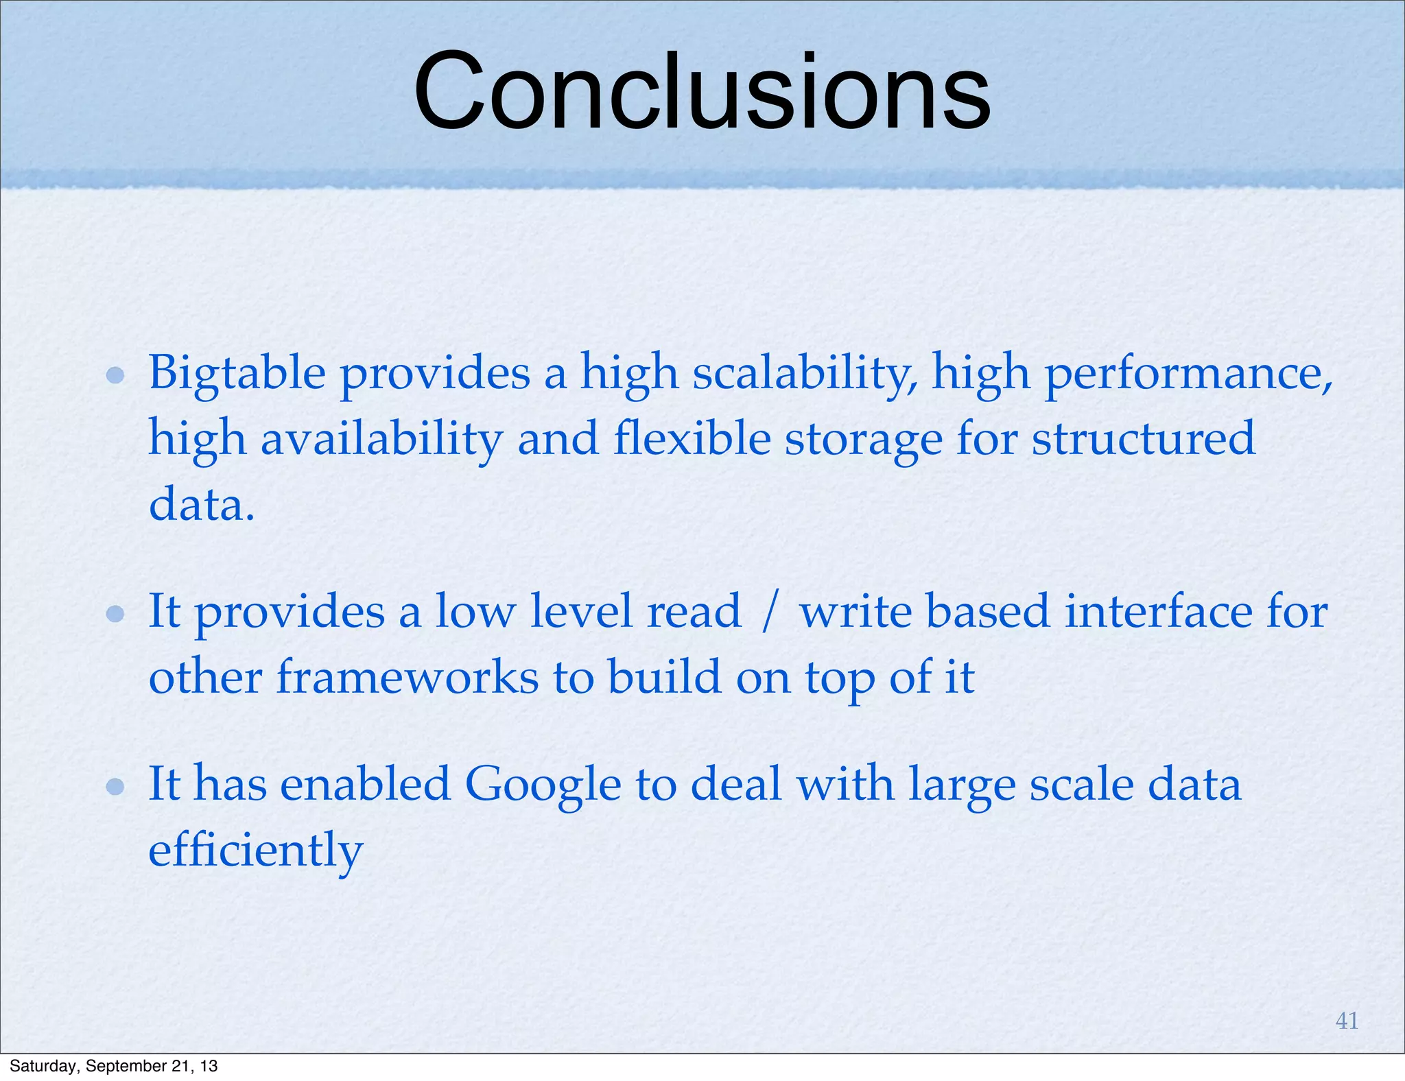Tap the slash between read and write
click(x=770, y=611)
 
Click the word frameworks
click(x=408, y=677)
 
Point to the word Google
click(x=543, y=783)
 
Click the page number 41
click(x=1347, y=1021)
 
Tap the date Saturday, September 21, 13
click(x=113, y=1066)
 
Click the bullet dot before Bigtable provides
click(x=115, y=375)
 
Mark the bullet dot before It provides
click(x=115, y=613)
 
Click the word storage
click(x=864, y=439)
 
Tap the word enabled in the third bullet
click(x=365, y=783)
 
